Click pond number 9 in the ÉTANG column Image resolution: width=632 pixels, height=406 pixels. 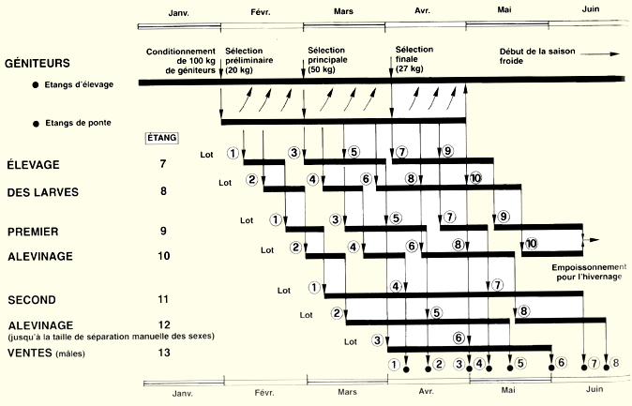point(163,230)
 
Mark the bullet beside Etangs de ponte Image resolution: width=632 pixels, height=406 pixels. point(35,123)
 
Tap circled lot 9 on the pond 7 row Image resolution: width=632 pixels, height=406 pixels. point(447,152)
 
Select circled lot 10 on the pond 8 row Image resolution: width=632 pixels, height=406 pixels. point(475,177)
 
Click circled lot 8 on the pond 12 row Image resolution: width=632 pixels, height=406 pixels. point(523,310)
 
